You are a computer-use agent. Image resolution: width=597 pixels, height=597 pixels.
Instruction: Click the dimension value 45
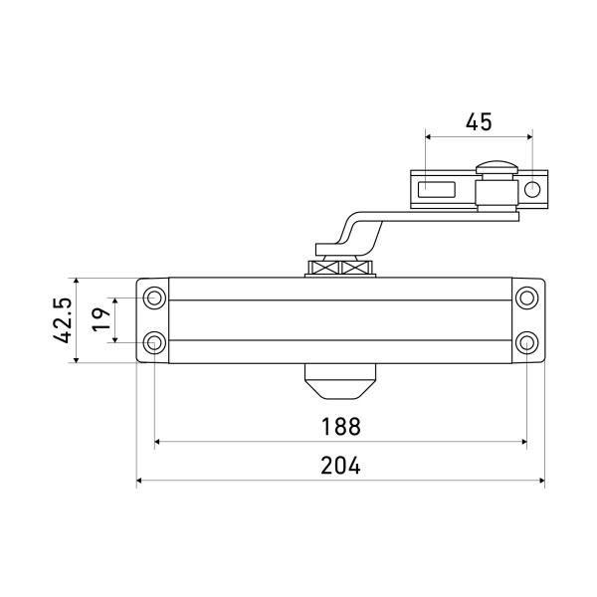[x=479, y=121]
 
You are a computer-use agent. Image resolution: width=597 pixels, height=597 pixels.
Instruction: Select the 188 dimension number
[x=340, y=427]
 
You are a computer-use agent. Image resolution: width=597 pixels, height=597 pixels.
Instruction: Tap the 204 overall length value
[x=340, y=466]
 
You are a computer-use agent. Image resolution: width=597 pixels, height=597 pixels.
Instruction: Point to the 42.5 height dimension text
[x=62, y=320]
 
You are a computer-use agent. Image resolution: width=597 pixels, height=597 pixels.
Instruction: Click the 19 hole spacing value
[x=100, y=319]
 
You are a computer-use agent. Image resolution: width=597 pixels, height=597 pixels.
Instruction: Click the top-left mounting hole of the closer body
[x=154, y=298]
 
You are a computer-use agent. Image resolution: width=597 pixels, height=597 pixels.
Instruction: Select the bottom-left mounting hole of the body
[x=154, y=342]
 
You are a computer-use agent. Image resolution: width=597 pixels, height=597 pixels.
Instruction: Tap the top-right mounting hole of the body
[x=527, y=298]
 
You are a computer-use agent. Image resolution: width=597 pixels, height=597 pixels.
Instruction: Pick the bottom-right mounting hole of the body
[x=527, y=342]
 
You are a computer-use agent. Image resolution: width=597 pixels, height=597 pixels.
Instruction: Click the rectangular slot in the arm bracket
[x=437, y=190]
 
